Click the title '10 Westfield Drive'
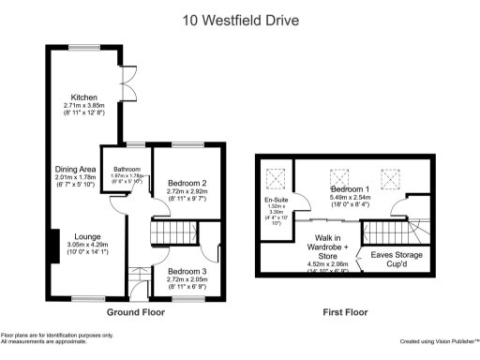point(240,18)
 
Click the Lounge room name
point(76,237)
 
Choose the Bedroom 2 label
point(186,183)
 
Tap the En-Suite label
point(277,200)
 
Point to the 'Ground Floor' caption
point(130,312)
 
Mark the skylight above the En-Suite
point(277,176)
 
